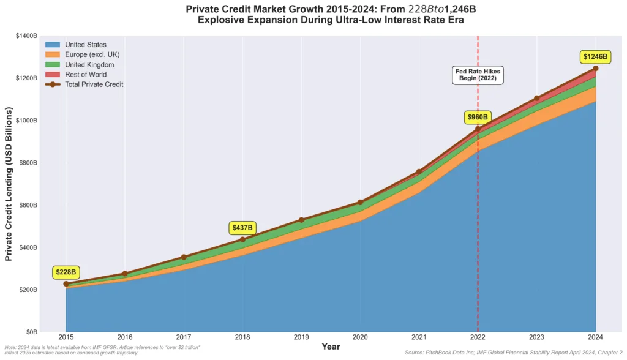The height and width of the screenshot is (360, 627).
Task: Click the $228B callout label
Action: click(x=66, y=272)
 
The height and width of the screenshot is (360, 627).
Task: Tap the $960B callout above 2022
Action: click(x=478, y=117)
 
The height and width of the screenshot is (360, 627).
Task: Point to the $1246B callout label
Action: click(x=595, y=57)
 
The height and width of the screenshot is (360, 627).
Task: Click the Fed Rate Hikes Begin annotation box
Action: click(x=478, y=75)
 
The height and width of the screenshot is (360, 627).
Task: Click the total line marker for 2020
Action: click(x=360, y=202)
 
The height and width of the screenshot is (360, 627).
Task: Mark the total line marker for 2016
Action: click(x=125, y=274)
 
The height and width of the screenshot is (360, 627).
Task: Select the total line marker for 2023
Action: click(x=536, y=98)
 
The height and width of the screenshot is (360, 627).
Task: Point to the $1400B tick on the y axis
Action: click(x=25, y=36)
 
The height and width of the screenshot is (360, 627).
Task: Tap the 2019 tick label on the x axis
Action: click(x=301, y=337)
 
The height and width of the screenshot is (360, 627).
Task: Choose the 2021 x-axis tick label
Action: click(x=419, y=337)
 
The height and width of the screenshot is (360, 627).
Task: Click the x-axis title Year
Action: click(x=331, y=347)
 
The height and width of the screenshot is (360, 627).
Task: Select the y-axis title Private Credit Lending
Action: click(x=9, y=184)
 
